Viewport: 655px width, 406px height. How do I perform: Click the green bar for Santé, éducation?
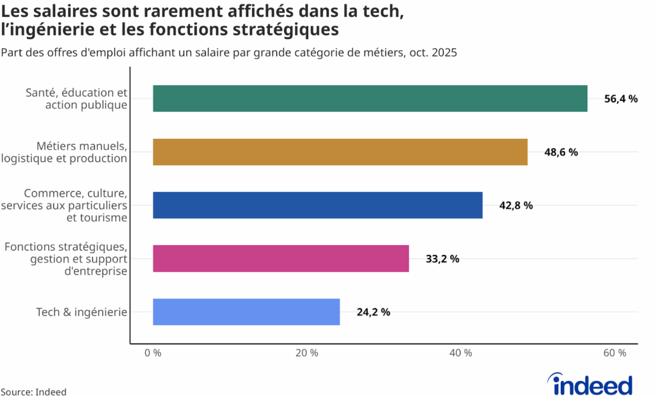pyautogui.click(x=370, y=99)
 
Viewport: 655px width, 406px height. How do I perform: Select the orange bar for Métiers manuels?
pyautogui.click(x=340, y=152)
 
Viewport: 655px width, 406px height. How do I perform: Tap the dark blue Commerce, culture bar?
pyautogui.click(x=317, y=205)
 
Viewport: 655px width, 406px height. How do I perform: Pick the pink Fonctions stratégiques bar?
pyautogui.click(x=280, y=259)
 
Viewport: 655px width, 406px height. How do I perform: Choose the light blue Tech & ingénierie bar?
pyautogui.click(x=246, y=312)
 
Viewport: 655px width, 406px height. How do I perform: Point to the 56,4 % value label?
pyautogui.click(x=620, y=99)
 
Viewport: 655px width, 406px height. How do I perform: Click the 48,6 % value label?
pyautogui.click(x=561, y=152)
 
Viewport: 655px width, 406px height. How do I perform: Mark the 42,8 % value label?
pyautogui.click(x=516, y=206)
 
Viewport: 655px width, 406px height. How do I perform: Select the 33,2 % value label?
pyautogui.click(x=442, y=259)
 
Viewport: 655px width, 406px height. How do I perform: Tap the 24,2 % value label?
pyautogui.click(x=373, y=313)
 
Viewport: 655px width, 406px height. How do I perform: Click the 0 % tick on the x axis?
pyautogui.click(x=153, y=353)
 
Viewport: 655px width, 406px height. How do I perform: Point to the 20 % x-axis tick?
pyautogui.click(x=307, y=353)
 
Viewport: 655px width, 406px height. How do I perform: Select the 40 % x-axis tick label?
pyautogui.click(x=461, y=353)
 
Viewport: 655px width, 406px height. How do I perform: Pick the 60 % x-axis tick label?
pyautogui.click(x=615, y=353)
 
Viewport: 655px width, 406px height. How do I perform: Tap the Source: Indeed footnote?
pyautogui.click(x=33, y=392)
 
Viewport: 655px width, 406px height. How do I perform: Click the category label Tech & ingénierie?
pyautogui.click(x=82, y=313)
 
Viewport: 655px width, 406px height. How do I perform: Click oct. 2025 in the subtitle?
pyautogui.click(x=432, y=53)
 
